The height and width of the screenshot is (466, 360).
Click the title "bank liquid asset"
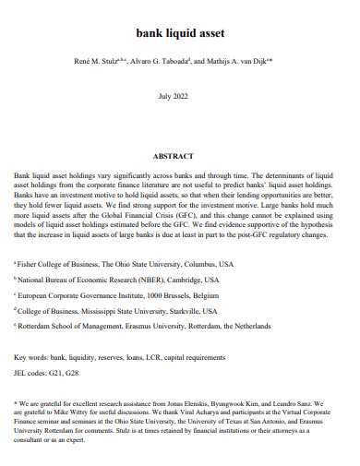180,34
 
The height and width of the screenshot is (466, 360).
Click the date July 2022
179,96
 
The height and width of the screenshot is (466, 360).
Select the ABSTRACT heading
179,156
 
